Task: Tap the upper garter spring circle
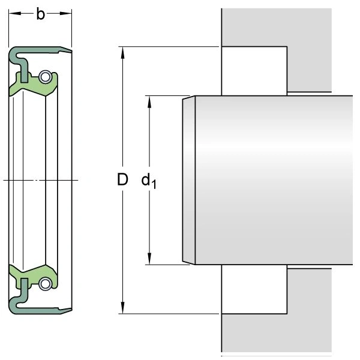pyautogui.click(x=44, y=76)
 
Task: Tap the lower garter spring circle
pyautogui.click(x=44, y=284)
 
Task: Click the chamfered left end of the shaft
pyautogui.click(x=188, y=180)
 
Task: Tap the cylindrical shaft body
pyautogui.click(x=276, y=180)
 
